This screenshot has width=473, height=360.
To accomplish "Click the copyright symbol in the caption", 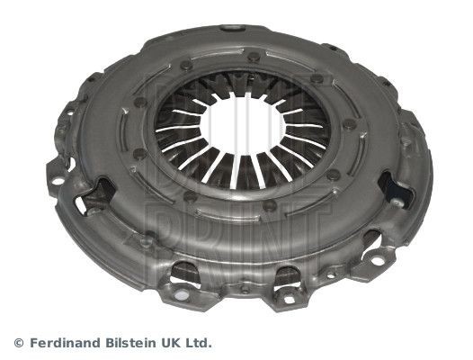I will [19, 343].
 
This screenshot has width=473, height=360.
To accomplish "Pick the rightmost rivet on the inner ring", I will [334, 175].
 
